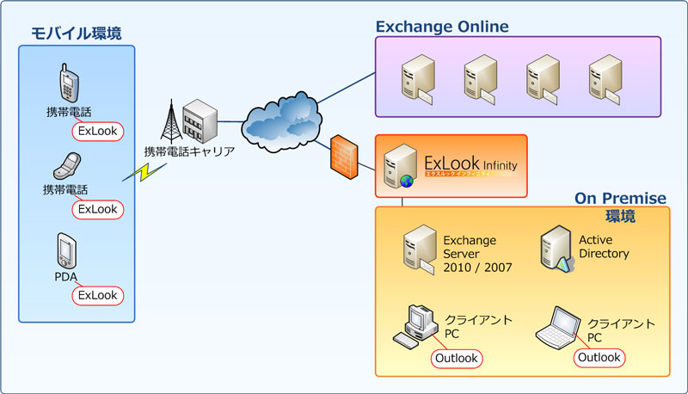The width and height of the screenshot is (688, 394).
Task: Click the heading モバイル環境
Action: (77, 34)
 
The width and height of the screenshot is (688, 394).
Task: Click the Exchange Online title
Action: (442, 27)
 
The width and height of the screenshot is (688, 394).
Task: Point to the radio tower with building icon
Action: (187, 120)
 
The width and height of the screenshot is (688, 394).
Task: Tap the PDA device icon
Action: (68, 251)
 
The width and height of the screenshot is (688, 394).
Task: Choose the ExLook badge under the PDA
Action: (97, 295)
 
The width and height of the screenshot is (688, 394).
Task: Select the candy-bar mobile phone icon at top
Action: (69, 84)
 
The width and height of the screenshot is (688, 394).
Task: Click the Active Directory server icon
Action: (555, 250)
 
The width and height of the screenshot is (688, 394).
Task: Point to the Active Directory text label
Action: (604, 247)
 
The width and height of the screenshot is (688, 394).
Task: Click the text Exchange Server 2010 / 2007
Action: (476, 253)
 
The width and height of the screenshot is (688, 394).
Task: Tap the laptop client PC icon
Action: (556, 326)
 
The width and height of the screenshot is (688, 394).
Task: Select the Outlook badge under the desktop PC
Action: (457, 358)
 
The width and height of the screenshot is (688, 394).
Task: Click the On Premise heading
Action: (620, 199)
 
